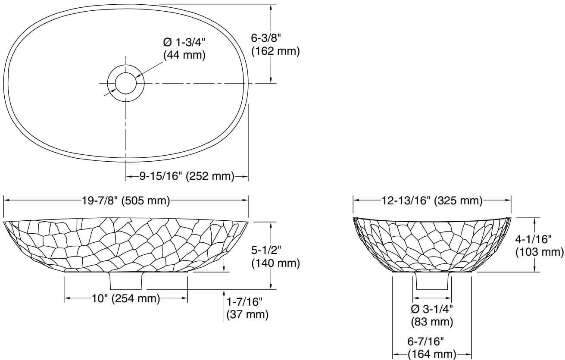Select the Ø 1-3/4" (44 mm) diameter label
coord(184,49)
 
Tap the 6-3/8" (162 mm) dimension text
coord(275,44)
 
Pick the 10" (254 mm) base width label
coord(125,298)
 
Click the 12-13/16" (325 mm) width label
coord(432,200)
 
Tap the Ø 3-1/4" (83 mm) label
coord(432,315)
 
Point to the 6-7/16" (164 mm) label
coord(432,348)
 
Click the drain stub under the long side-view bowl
coord(126,281)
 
